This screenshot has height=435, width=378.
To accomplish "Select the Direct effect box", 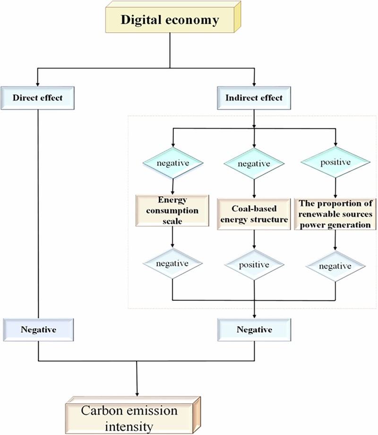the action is (37, 98).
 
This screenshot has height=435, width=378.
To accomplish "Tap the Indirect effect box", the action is (254, 98).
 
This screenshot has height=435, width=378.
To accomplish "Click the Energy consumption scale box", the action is (172, 210).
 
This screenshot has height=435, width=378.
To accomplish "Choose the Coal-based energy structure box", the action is (254, 214).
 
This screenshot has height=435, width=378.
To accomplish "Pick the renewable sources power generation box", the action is (335, 214).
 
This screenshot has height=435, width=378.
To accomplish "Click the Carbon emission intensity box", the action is (133, 415).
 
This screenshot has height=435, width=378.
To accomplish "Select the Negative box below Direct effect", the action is (38, 330).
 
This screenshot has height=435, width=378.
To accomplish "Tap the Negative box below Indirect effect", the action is (254, 330).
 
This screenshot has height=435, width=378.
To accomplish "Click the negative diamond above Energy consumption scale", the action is (173, 163).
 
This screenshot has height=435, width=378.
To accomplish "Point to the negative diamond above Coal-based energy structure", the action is (254, 164).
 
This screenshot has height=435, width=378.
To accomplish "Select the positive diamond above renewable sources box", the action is (335, 162).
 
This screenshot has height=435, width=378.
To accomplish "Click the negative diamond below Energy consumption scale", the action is (172, 263).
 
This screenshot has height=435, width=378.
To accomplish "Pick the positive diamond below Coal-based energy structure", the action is (254, 265).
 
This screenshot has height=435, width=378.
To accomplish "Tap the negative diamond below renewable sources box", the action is (335, 266).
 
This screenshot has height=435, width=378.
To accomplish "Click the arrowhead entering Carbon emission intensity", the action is (137, 394).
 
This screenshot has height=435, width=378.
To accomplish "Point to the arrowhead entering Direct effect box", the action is (37, 84).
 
